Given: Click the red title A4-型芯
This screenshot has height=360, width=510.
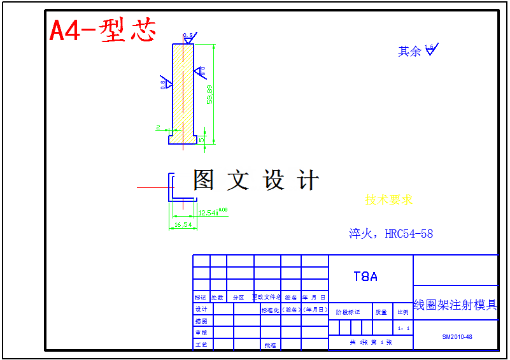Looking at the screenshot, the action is tap(103, 30).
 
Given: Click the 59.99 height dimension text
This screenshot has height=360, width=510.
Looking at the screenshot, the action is tap(209, 94).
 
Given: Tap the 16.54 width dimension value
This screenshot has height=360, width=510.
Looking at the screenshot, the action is tap(183, 224).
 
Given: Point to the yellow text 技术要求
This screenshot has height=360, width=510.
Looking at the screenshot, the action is tap(388, 199).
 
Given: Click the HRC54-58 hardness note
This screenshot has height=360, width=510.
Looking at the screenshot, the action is tap(391, 234).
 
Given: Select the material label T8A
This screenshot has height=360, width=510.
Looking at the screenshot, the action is tap(365, 277).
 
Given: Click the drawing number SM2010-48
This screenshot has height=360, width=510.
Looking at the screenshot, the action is tap(457, 336).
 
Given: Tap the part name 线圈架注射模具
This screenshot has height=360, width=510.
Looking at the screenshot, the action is tap(455, 305).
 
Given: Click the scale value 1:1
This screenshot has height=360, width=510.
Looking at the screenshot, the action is tap(403, 329).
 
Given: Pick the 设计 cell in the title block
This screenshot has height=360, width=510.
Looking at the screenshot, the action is tap(201, 309).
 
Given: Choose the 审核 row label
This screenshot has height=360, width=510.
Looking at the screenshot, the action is tap(201, 333).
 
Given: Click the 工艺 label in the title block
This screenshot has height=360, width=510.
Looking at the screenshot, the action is tap(201, 345).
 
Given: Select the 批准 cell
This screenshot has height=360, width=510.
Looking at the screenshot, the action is tap(270, 345).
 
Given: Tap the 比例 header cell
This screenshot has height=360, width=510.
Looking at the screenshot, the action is tap(403, 312).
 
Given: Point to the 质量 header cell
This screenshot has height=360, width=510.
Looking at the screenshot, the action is tap(381, 312).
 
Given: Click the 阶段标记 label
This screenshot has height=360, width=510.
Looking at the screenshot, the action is tap(348, 312).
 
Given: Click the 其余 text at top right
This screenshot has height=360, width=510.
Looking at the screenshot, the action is tap(409, 52).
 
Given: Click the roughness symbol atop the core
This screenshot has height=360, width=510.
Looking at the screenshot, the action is tap(190, 37).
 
